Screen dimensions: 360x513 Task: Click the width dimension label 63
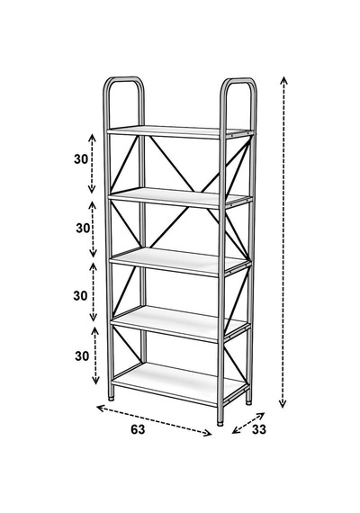coord(138,429)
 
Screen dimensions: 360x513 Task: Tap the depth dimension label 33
coord(259,429)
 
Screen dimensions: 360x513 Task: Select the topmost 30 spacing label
coord(81,159)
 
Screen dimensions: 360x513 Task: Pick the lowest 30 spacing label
coord(82,355)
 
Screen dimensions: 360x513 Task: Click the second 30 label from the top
coord(83,228)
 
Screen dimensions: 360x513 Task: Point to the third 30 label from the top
coord(80,296)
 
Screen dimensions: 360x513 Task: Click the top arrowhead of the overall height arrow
coord(283,79)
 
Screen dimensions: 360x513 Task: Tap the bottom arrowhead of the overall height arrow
coord(283,404)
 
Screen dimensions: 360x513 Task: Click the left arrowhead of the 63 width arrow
coord(101,408)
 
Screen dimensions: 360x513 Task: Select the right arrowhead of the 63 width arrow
coord(208,433)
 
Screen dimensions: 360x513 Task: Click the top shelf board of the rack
coord(180,131)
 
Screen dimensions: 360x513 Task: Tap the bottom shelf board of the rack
coord(178,383)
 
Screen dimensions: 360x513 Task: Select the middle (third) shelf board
coord(180,262)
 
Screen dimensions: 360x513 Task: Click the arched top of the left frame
coord(123,79)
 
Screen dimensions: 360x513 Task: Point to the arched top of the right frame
coord(238,80)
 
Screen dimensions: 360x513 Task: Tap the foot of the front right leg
coord(220,424)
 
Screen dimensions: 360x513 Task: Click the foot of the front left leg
coord(112,398)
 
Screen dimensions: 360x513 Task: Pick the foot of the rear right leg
coord(248,402)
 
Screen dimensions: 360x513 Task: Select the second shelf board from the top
coord(180,198)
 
